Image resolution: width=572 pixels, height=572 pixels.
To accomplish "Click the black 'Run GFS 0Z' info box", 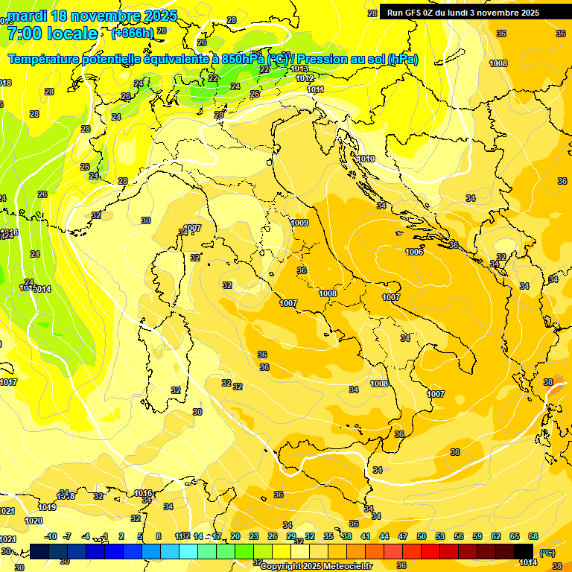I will pos(463,12).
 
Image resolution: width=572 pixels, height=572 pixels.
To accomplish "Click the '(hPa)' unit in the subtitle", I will pos(403,59).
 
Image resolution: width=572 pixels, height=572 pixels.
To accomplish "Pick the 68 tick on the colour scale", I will pos(533,536).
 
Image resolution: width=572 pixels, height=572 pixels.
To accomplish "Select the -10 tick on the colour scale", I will pos(51,536).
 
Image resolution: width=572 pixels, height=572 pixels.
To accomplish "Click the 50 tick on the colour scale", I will pos(422,536).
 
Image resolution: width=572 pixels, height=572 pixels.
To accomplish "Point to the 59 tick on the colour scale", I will pos(477,536).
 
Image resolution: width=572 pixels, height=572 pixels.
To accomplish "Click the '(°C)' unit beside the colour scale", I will pos(547,553).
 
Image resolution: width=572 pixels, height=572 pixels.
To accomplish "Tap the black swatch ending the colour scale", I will pos(524,551).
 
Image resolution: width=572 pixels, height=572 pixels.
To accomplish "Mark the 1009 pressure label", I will pos(300,223).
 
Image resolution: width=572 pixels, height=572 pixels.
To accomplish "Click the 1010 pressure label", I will pos(366,159).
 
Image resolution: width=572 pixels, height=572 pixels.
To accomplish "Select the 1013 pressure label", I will pos(300,69).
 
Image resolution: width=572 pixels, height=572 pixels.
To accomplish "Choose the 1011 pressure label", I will pos(316,89).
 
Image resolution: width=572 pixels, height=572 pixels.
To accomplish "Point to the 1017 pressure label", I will pos(8,382).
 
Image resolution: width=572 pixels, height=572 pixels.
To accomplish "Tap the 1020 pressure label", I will pos(34,521).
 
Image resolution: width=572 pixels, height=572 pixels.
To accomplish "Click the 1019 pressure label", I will pos(47,507).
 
